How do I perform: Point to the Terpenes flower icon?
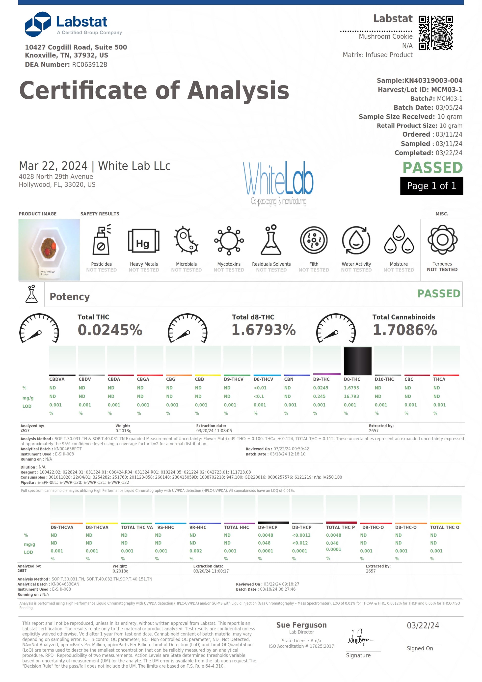click(x=442, y=240)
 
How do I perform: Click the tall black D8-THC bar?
click(x=357, y=361)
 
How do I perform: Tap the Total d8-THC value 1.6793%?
click(x=263, y=330)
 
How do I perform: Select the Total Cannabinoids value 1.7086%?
click(x=405, y=330)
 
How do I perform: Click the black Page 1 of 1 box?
click(x=431, y=186)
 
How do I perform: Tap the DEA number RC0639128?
click(x=89, y=65)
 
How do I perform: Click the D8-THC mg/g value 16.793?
click(x=351, y=396)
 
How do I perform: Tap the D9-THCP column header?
click(x=268, y=527)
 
